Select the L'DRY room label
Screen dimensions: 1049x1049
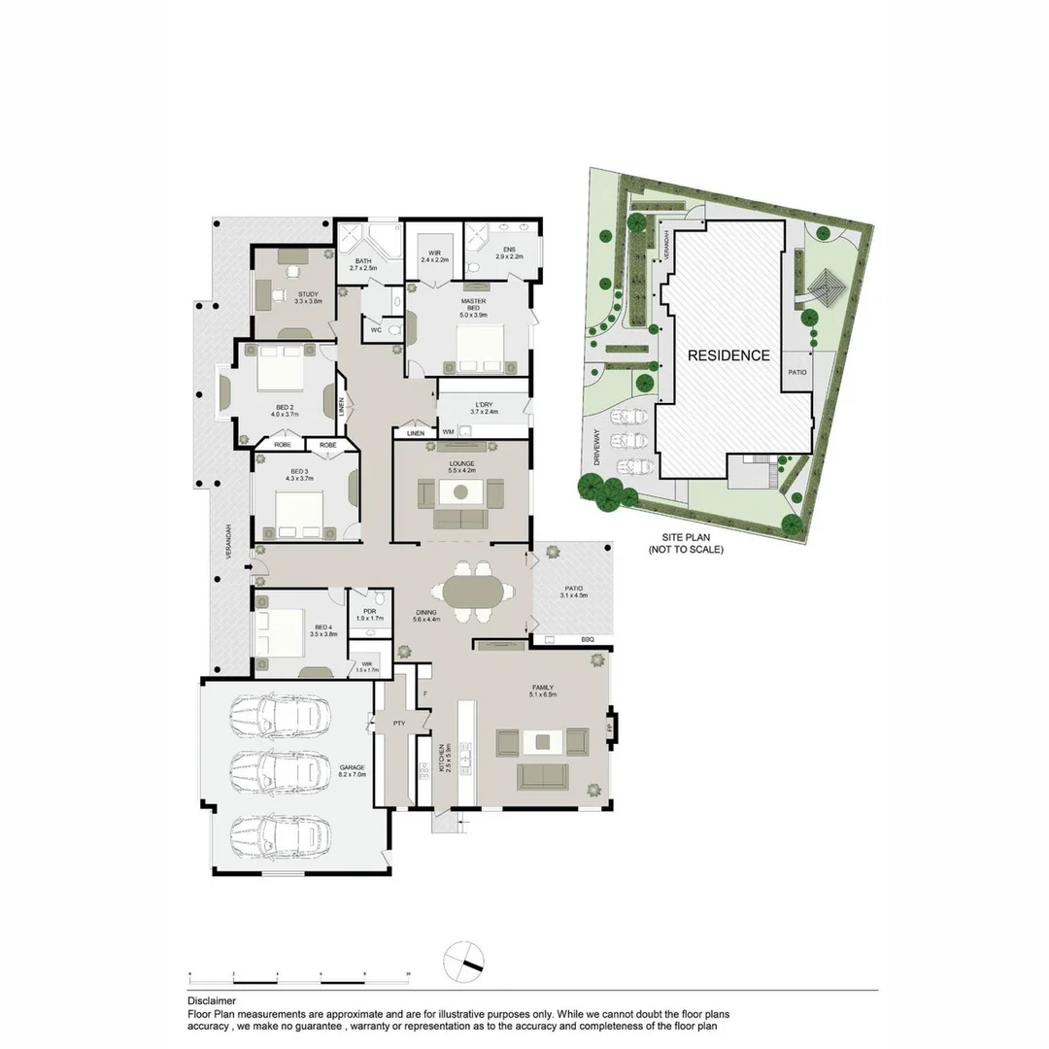tap(484, 407)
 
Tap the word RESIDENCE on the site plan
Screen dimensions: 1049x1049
tap(728, 355)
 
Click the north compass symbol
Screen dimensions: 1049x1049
tap(462, 962)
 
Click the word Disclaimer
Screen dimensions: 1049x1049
tap(211, 1000)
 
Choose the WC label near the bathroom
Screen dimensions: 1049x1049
tap(375, 329)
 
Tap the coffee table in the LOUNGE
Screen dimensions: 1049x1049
tap(460, 492)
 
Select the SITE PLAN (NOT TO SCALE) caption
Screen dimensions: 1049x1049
tap(686, 544)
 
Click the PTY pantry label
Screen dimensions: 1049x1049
tap(398, 723)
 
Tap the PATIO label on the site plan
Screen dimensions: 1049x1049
tap(797, 372)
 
